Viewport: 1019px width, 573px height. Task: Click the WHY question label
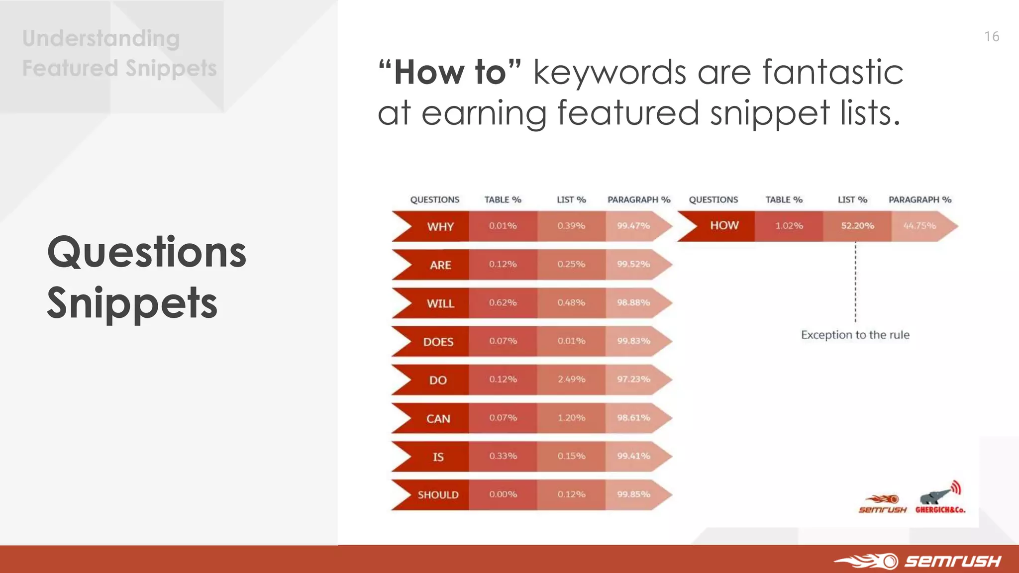(x=440, y=227)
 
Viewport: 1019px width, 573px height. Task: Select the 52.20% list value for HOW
(x=857, y=226)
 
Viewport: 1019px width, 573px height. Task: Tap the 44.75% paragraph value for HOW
(x=919, y=226)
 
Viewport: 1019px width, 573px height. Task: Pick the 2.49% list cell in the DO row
(x=571, y=380)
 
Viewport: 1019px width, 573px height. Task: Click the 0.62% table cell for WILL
(x=503, y=302)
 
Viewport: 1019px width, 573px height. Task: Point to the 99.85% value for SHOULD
(x=633, y=494)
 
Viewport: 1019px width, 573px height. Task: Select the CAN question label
(x=438, y=419)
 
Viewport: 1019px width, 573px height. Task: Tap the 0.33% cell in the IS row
(x=503, y=456)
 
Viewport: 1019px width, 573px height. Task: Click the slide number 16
(x=992, y=37)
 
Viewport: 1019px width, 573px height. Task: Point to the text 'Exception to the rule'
(x=855, y=335)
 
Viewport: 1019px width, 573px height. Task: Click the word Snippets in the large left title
(x=132, y=303)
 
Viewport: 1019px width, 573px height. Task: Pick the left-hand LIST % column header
(x=571, y=199)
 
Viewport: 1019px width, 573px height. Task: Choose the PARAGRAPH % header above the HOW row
(x=919, y=199)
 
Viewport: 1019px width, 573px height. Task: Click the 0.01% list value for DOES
(x=571, y=341)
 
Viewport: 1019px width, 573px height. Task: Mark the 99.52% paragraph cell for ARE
(x=633, y=264)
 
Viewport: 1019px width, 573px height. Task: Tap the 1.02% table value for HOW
(x=789, y=226)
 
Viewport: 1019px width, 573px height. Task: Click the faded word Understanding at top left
(x=101, y=39)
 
